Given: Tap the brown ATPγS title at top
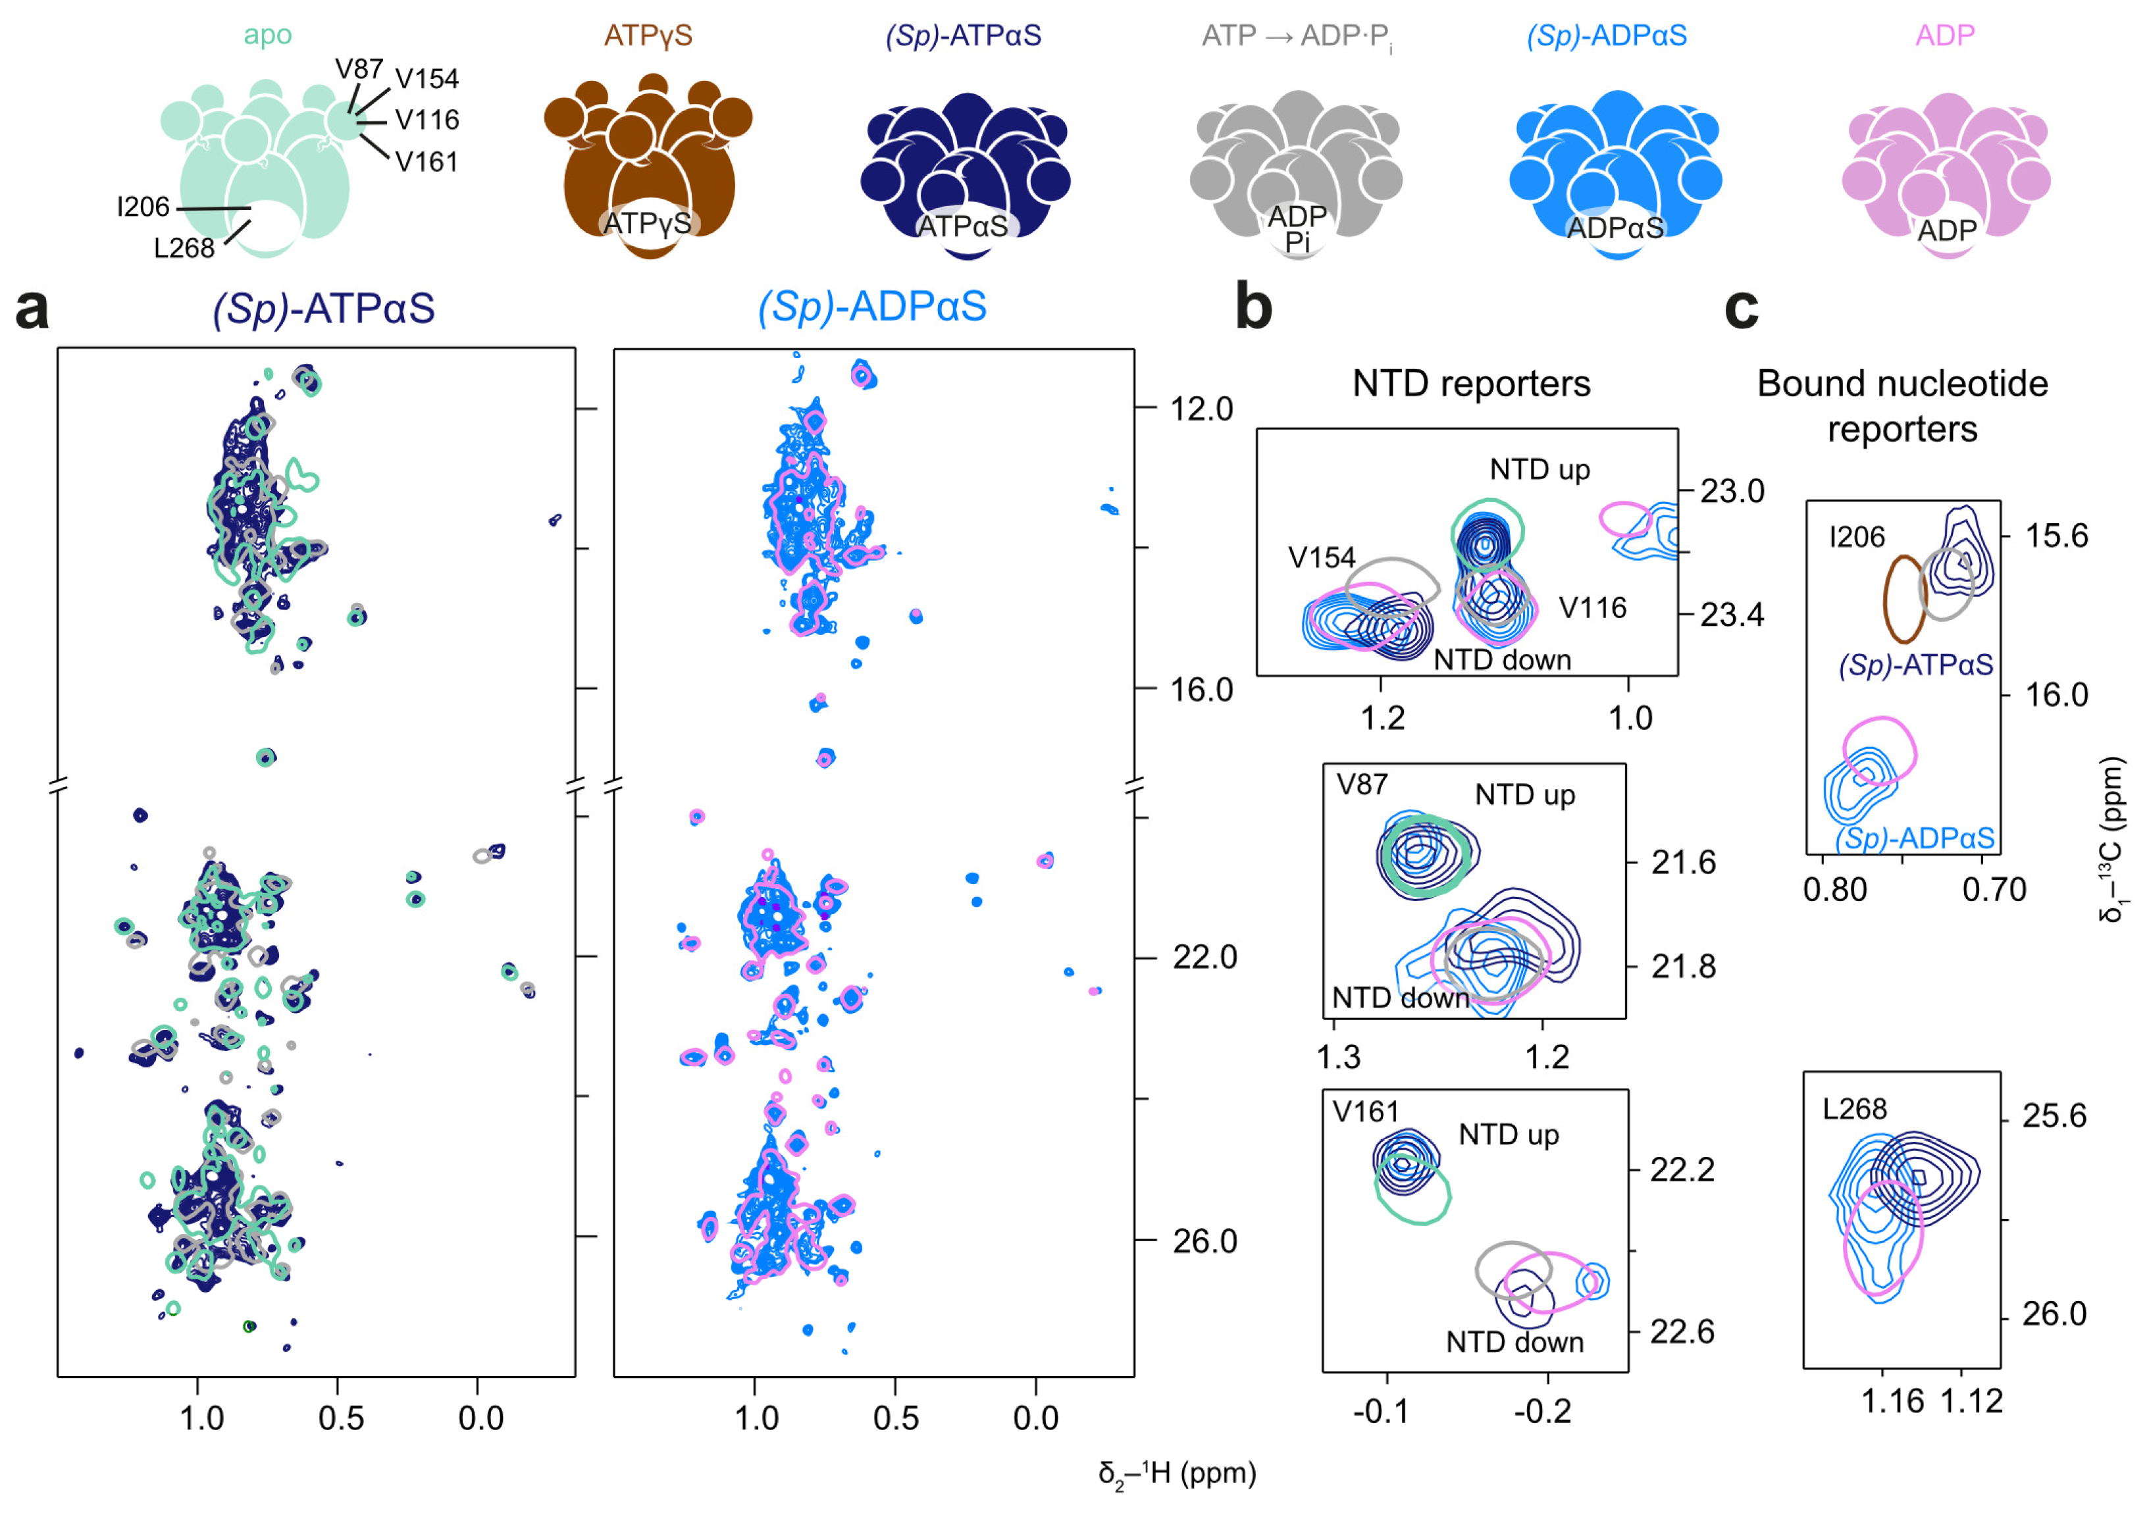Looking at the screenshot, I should coord(648,36).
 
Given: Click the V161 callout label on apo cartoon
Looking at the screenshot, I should coord(427,162).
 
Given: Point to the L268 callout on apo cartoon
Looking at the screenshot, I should coord(184,248).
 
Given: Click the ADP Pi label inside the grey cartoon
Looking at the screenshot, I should coord(1297,229).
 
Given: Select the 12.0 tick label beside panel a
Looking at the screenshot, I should coord(1202,409).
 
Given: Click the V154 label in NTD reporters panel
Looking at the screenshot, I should coord(1321,557).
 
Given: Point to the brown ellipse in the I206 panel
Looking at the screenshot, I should coord(1903,598).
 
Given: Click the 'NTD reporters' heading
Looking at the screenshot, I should coord(1471,384).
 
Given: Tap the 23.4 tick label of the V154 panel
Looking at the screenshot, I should coord(1732,615).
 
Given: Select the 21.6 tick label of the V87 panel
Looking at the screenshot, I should coord(1683,862).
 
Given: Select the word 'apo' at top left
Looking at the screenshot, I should coord(267,36).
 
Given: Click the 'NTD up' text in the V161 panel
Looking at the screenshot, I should coord(1509,1135).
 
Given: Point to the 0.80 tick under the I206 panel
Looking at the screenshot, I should coord(1834,889).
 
